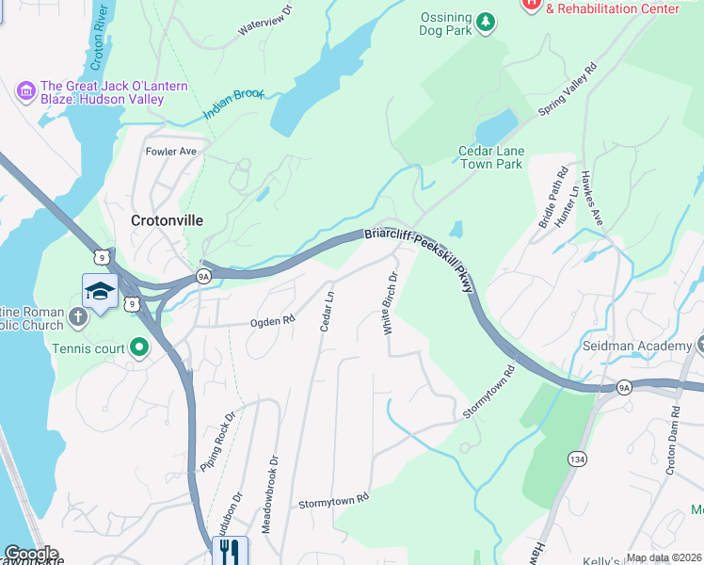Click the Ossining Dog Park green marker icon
tap(485, 22)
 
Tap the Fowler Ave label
tap(170, 151)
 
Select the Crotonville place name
tap(166, 219)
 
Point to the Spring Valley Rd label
tap(568, 89)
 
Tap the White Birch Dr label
tap(390, 303)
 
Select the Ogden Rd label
tap(272, 321)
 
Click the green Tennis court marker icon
tap(140, 348)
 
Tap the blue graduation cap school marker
tap(100, 292)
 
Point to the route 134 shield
tap(577, 458)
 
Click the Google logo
tap(31, 554)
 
